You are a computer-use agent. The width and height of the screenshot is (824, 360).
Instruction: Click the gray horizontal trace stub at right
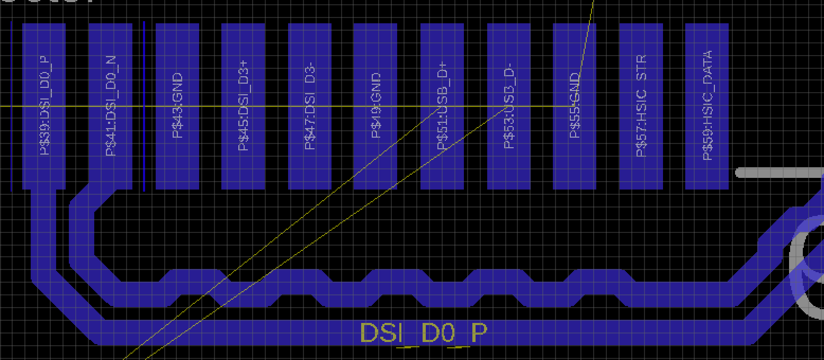click(778, 173)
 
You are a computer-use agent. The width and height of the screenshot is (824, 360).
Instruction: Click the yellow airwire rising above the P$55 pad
click(588, 32)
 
